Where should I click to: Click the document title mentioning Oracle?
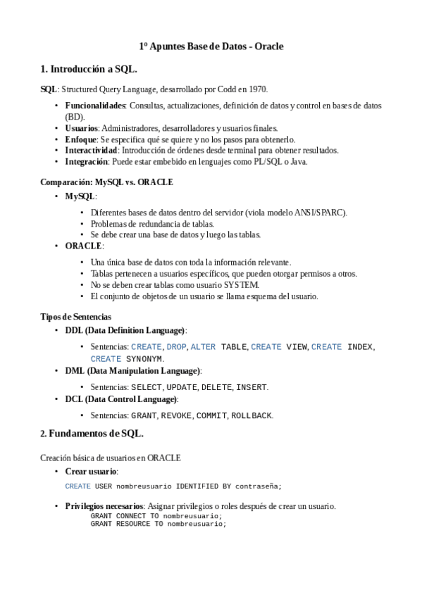(211, 46)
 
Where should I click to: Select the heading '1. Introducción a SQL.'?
(88, 69)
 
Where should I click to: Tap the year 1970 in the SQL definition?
(257, 89)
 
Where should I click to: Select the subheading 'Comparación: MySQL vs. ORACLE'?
(106, 182)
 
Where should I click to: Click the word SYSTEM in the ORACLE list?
(241, 285)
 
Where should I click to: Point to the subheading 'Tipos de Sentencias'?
(75, 317)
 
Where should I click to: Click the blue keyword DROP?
(177, 347)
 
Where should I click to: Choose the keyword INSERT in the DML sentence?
(251, 387)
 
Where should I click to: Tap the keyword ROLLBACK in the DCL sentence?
(252, 415)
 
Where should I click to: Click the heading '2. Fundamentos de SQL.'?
(92, 433)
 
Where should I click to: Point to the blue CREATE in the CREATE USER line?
(77, 486)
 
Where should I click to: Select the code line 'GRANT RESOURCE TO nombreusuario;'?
(158, 524)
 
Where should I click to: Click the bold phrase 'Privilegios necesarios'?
(104, 506)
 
